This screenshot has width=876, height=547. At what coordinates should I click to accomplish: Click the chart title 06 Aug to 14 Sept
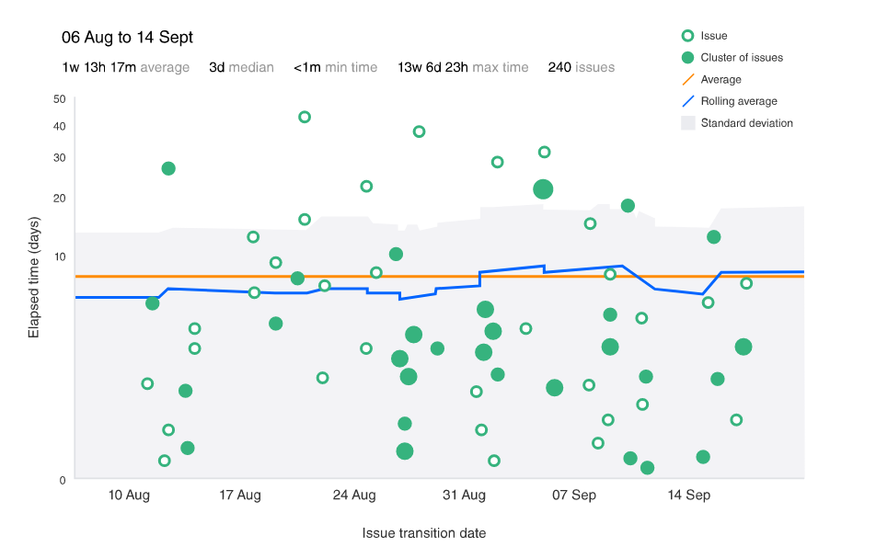coord(127,38)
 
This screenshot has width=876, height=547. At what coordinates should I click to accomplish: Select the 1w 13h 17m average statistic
coord(125,67)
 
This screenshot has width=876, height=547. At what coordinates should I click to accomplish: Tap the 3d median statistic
coord(241,67)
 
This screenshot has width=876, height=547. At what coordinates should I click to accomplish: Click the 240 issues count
coord(581,67)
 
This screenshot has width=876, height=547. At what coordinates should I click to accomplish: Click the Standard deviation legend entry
coord(746,123)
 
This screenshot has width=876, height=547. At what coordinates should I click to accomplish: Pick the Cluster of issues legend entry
coord(741,58)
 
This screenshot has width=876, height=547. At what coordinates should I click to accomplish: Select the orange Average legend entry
coord(720,80)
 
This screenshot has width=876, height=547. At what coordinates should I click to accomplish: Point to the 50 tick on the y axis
coord(59,99)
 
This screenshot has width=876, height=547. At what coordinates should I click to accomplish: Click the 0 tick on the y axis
coord(62,480)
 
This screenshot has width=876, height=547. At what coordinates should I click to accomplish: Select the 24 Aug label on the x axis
coord(354,496)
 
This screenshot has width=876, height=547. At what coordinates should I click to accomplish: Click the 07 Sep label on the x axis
coord(573,496)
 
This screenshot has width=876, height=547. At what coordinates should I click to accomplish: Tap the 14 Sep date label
coord(688,496)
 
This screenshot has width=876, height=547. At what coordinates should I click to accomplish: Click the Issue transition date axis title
coord(424,533)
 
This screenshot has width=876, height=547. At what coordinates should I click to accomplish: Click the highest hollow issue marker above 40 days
coord(305,117)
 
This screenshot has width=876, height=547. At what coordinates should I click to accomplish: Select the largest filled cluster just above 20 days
coord(543,189)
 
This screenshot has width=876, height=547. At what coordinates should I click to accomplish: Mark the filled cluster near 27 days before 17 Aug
coord(168,168)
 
